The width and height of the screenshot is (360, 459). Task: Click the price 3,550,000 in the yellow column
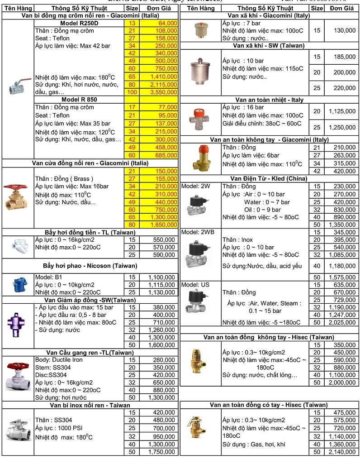click(x=163, y=92)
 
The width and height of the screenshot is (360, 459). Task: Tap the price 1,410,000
click(x=163, y=76)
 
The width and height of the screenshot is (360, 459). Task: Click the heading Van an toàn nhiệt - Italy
click(x=269, y=100)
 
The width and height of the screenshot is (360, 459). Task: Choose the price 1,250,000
click(x=342, y=127)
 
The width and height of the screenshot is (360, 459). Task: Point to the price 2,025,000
click(x=342, y=322)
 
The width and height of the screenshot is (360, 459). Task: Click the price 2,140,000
click(x=342, y=451)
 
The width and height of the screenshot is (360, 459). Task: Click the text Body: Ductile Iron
click(x=59, y=360)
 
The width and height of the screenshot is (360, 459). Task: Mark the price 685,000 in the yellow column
click(x=163, y=155)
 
